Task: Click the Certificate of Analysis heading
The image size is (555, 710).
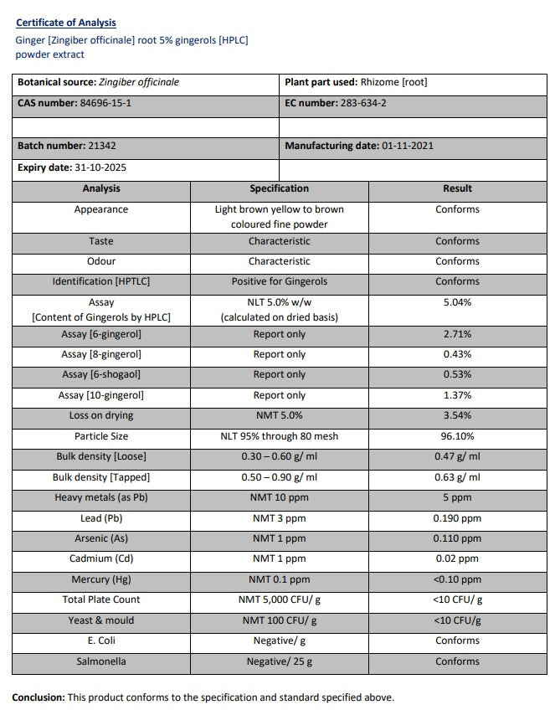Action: [66, 23]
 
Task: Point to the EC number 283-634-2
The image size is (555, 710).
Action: [363, 103]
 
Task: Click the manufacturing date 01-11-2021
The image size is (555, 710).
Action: [407, 146]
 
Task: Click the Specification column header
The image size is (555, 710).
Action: [279, 188]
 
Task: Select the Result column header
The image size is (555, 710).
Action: [457, 188]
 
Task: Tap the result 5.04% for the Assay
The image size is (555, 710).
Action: [457, 302]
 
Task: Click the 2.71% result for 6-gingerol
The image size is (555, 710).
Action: [457, 334]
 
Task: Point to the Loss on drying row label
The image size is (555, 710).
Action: [101, 415]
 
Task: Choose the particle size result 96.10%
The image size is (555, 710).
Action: [457, 436]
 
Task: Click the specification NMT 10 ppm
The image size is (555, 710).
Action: [279, 497]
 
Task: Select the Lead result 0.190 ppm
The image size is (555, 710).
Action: [457, 518]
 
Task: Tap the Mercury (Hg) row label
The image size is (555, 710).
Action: [101, 579]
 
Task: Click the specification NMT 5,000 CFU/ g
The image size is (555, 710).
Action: [279, 599]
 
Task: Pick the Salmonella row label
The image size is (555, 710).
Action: [101, 661]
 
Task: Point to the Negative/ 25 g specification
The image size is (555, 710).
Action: [279, 661]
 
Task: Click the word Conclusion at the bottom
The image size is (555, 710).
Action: [38, 697]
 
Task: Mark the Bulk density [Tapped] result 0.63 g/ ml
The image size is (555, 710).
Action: [457, 477]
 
